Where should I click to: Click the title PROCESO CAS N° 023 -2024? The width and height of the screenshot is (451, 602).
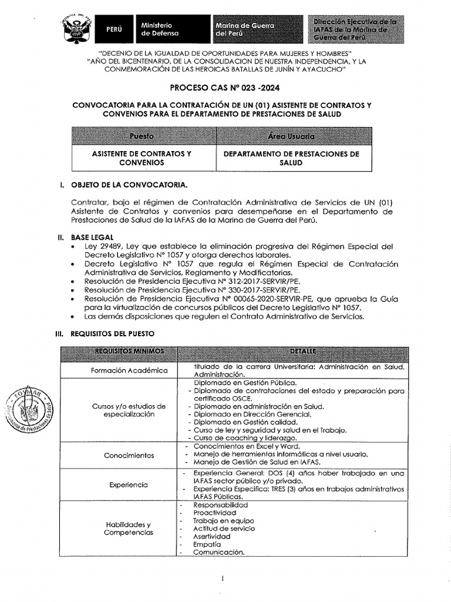225,89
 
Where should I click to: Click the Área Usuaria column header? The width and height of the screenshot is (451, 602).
293,136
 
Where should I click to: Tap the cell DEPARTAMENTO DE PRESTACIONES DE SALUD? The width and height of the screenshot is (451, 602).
293,158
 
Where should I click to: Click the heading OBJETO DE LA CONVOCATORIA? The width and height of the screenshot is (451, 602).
129,185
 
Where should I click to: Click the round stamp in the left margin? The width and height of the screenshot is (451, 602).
28,412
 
